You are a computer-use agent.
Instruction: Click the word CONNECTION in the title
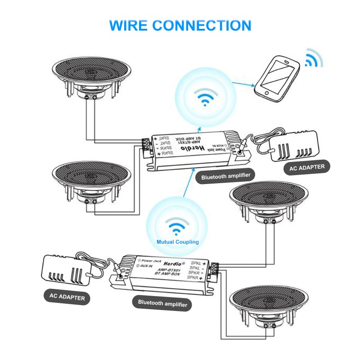pyautogui.click(x=208, y=25)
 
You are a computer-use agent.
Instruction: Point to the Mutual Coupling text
pyautogui.click(x=177, y=242)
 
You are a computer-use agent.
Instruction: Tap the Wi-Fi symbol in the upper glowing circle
pyautogui.click(x=205, y=97)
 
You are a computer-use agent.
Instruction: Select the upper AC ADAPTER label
pyautogui.click(x=307, y=167)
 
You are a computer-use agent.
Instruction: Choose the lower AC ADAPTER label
pyautogui.click(x=67, y=297)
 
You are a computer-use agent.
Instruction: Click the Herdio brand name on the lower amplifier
pyautogui.click(x=171, y=263)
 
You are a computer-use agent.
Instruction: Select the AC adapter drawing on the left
pyautogui.click(x=68, y=270)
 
